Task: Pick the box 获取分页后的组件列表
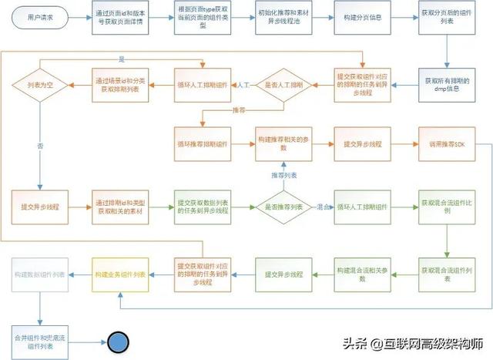[445, 18]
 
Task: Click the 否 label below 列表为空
[39, 144]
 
